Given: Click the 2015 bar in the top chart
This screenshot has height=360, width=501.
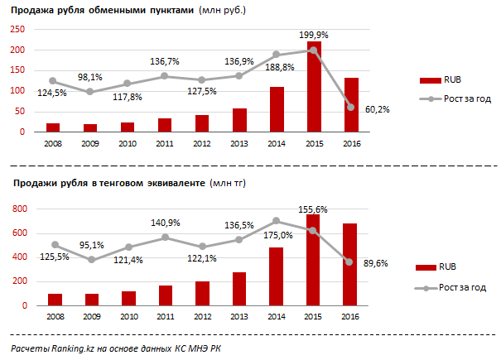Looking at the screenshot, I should click(314, 87).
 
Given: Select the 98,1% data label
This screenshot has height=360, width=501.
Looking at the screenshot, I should click(91, 77).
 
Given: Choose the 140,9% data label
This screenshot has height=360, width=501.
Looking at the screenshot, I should click(166, 223).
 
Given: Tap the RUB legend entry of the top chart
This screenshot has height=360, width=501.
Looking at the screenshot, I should click(442, 81).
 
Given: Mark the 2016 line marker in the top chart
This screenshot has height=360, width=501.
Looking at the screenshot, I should click(350, 107).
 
